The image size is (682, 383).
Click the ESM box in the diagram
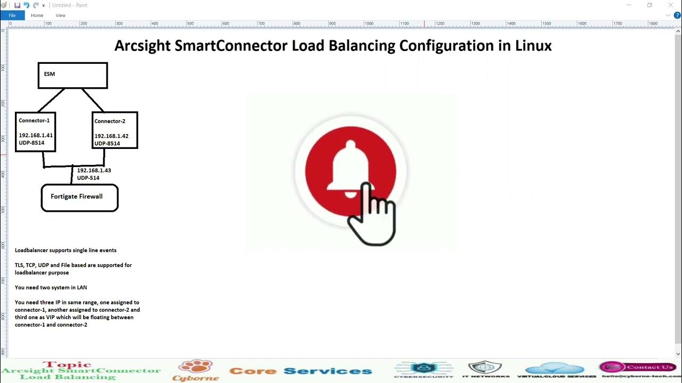[x=72, y=75]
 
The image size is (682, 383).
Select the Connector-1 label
[x=34, y=121]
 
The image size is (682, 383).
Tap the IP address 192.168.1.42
[x=111, y=136]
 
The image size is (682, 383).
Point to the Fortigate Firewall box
[x=79, y=197]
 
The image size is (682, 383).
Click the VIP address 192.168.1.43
[x=94, y=171]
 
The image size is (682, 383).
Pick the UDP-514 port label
[x=88, y=178]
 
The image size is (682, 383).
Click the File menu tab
[x=12, y=15]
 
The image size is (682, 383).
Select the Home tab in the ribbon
[x=37, y=15]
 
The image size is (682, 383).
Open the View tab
[x=61, y=15]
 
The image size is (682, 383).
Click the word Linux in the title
[x=533, y=46]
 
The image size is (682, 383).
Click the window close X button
[x=671, y=5]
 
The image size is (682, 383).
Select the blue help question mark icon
[x=677, y=15]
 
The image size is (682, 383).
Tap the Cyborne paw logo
[x=195, y=367]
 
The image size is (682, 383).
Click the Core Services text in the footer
[x=301, y=371]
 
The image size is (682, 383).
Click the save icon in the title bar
[x=17, y=5]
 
